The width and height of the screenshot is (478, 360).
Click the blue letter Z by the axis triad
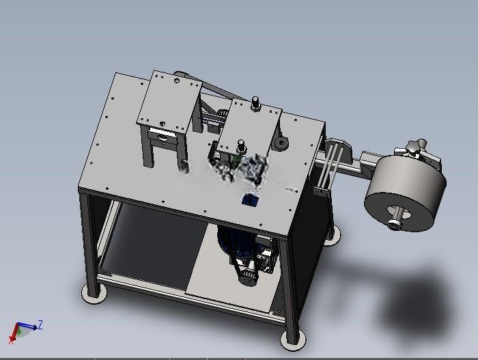40,324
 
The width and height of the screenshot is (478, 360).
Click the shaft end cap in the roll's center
395,225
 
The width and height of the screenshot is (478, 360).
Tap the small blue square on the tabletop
251,200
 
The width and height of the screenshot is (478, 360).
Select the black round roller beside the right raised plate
281,143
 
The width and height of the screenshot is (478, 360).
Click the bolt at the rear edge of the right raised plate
255,104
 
